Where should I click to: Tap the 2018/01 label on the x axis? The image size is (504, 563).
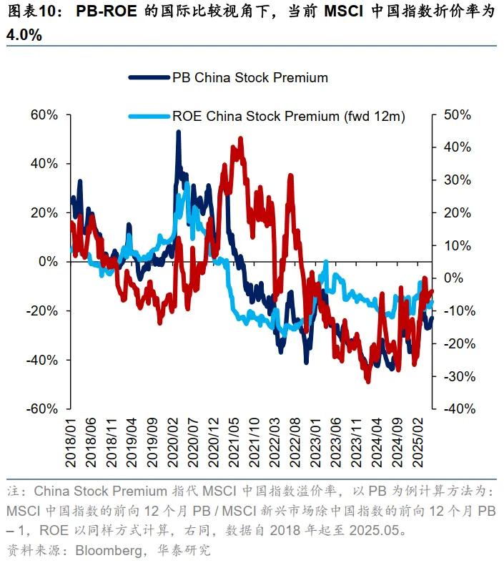coord(73,444)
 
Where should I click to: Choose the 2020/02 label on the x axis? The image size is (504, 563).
coord(177,444)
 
